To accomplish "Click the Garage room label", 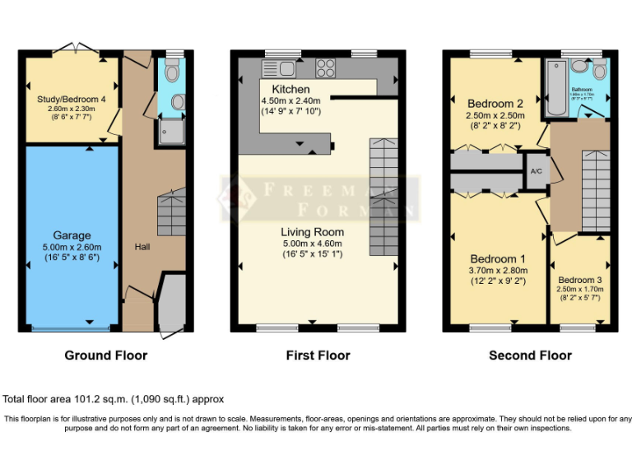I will pyautogui.click(x=72, y=235).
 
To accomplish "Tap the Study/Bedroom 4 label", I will pyautogui.click(x=72, y=100).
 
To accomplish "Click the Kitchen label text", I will pyautogui.click(x=291, y=89).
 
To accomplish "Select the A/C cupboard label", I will pyautogui.click(x=536, y=171).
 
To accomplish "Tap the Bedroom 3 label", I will pyautogui.click(x=580, y=280).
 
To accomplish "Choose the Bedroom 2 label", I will pyautogui.click(x=495, y=104).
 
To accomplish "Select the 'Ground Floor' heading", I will pyautogui.click(x=106, y=355).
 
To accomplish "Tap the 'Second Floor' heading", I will pyautogui.click(x=530, y=355).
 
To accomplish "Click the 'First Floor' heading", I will pyautogui.click(x=318, y=355).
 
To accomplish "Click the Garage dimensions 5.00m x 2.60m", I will pyautogui.click(x=72, y=246).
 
